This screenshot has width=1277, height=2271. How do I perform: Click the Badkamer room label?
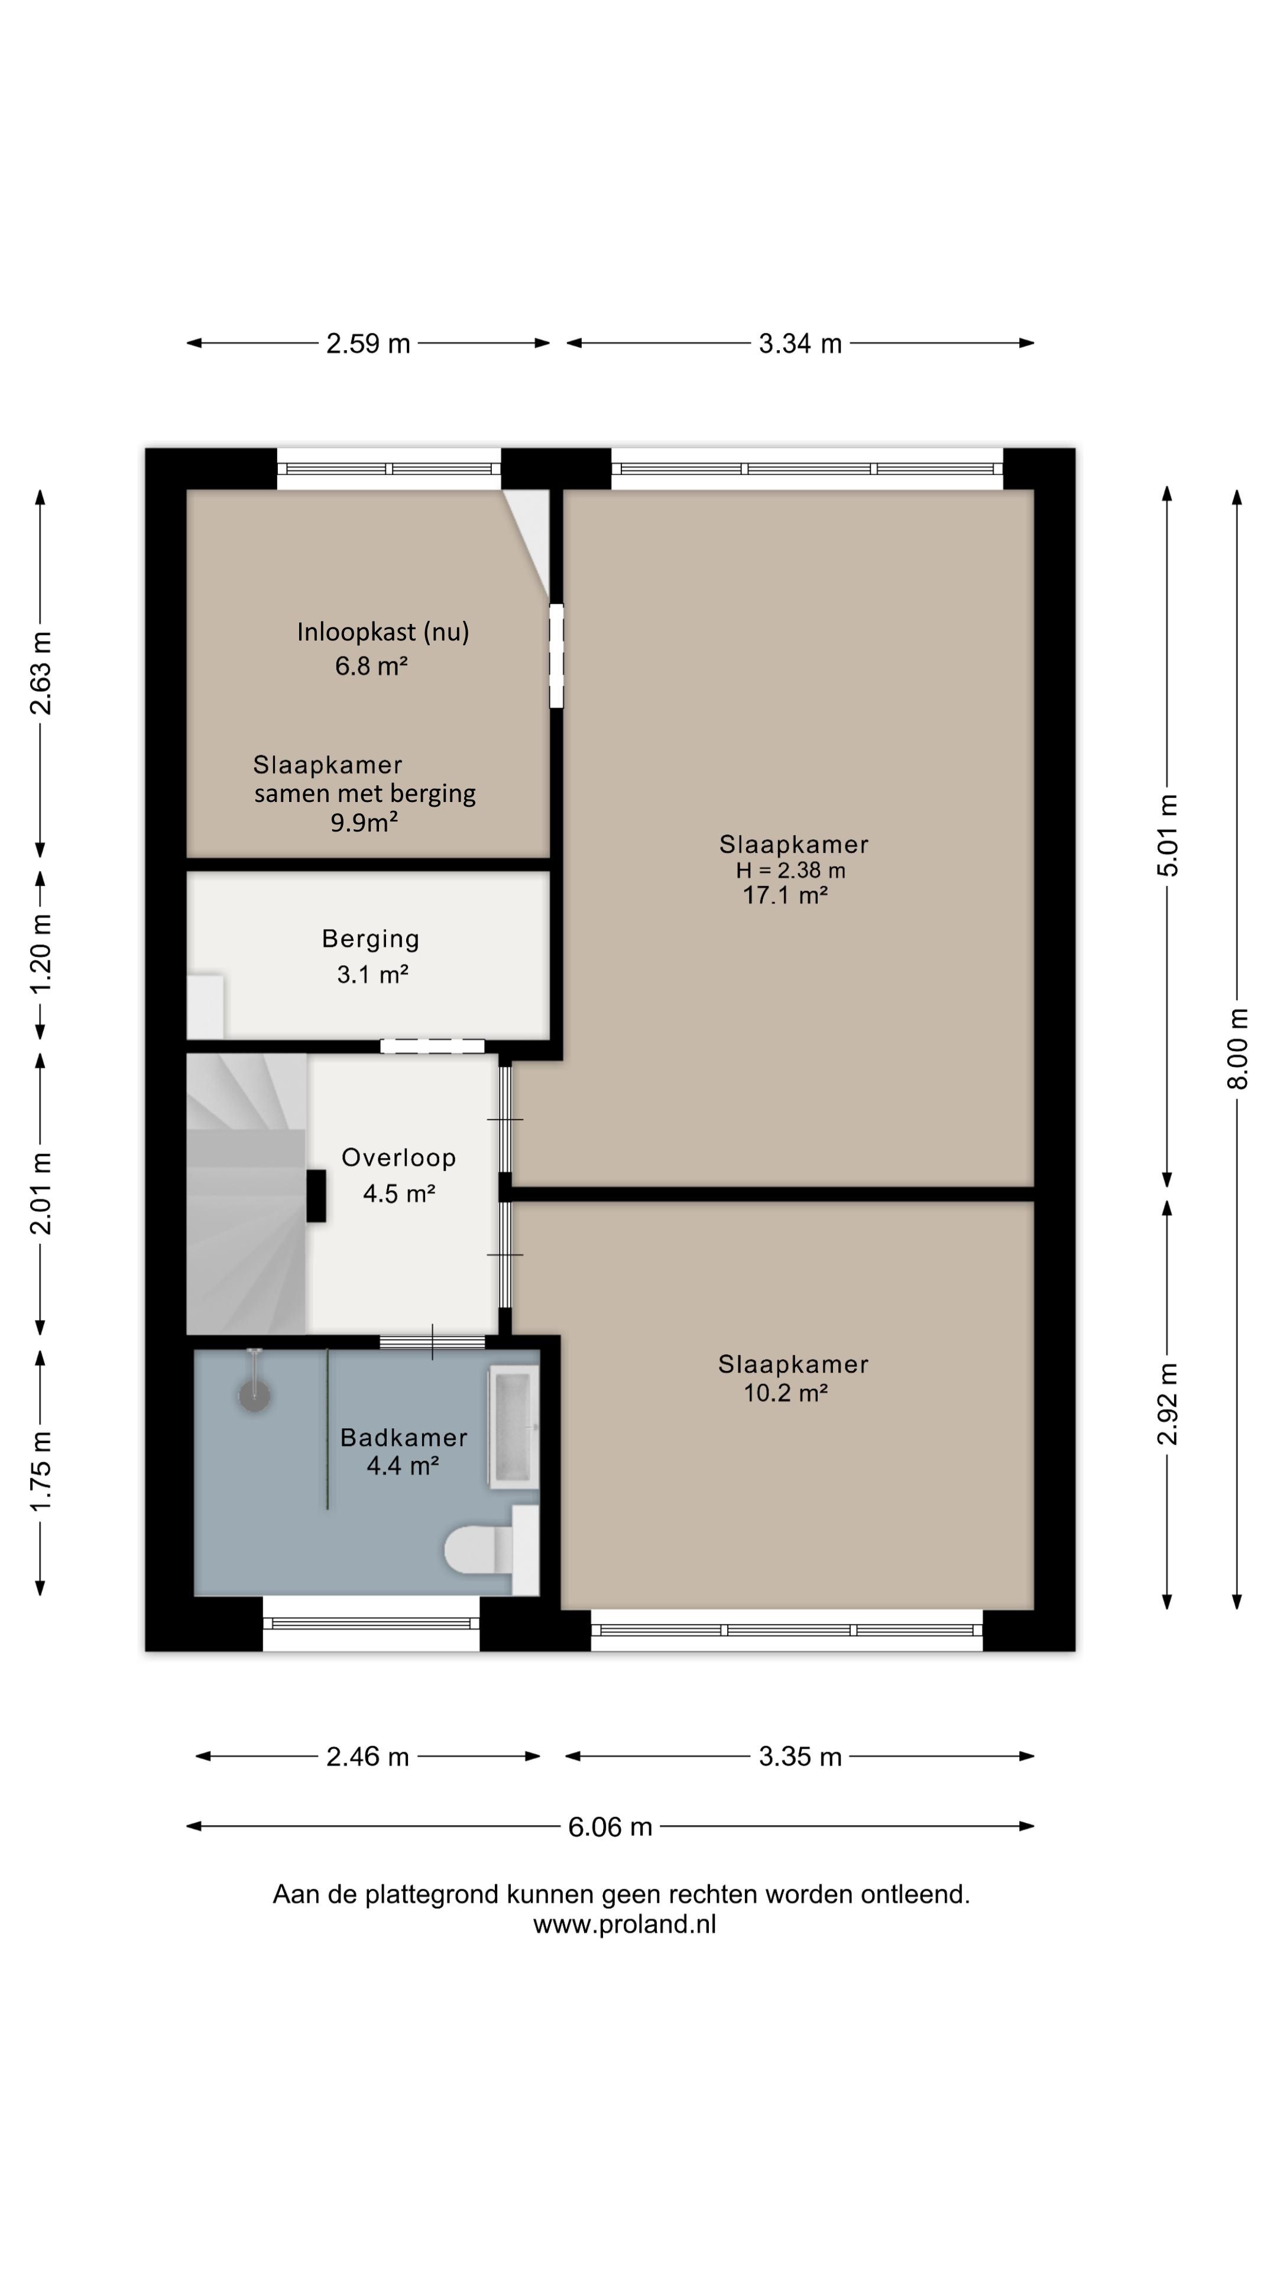[x=404, y=1437]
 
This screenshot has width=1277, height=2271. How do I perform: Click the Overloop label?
[x=398, y=1157]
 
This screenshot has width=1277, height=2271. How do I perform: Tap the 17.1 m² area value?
[x=785, y=896]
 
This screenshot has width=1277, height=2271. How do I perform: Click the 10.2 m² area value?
[x=785, y=1393]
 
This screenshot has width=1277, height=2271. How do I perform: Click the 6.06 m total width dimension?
[x=610, y=1827]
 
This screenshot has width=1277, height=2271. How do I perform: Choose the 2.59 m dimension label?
[x=368, y=343]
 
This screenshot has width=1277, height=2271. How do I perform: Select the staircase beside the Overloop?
[x=247, y=1193]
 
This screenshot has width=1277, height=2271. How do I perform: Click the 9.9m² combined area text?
[x=364, y=823]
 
